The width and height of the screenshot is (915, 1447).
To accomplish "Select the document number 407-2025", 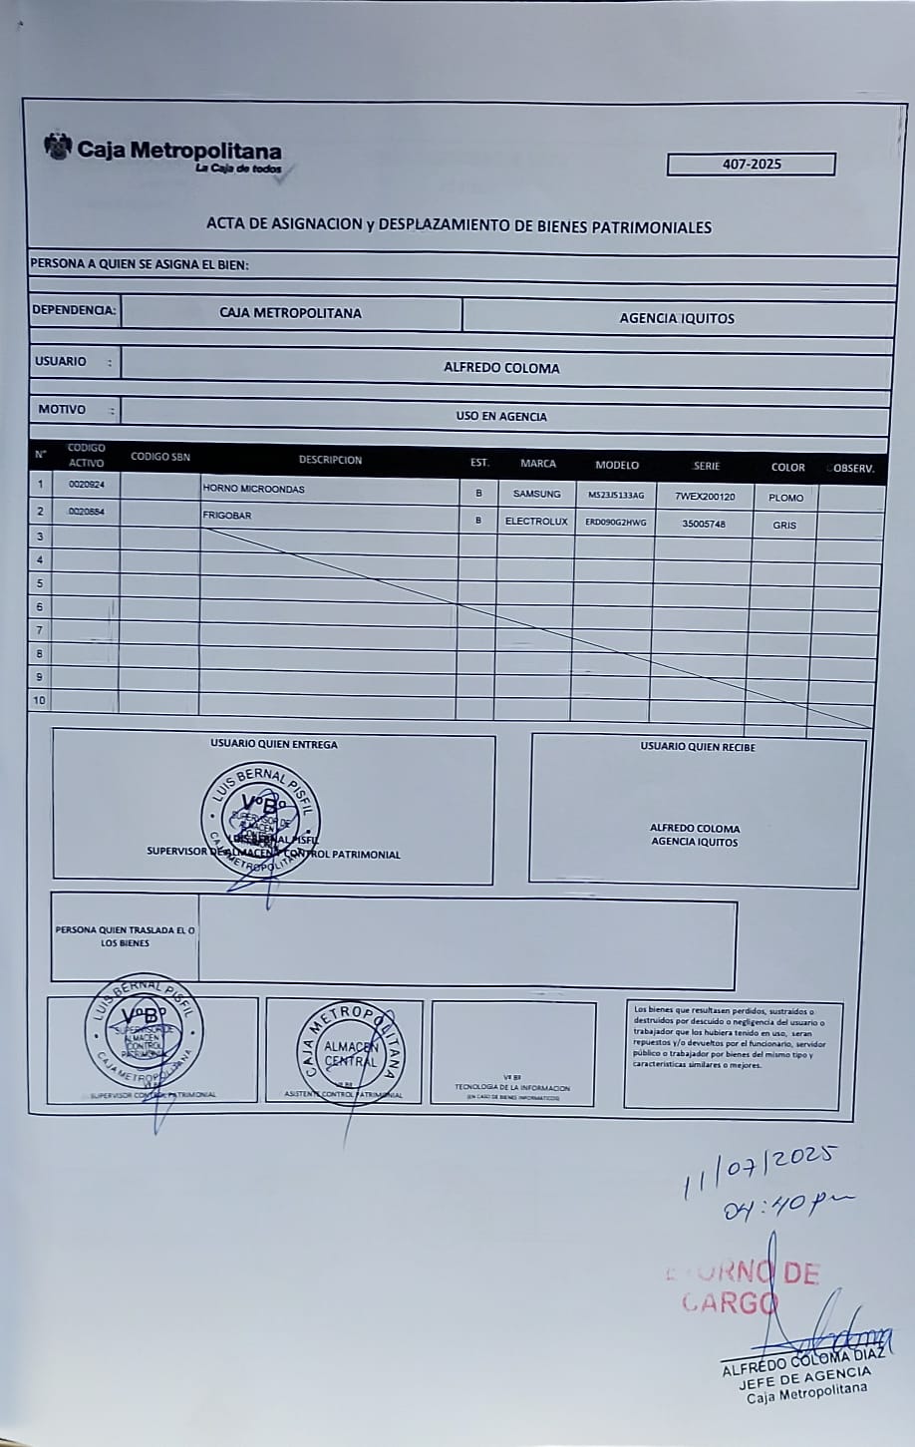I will tap(751, 165).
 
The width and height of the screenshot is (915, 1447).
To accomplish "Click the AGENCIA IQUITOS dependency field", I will tap(677, 318).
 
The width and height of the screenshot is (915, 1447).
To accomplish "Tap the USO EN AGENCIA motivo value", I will tap(501, 417).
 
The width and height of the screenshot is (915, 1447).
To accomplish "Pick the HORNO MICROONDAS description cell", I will tap(253, 490).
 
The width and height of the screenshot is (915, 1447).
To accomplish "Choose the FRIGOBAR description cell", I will tap(227, 516).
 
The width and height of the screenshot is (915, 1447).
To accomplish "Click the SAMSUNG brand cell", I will tap(536, 494).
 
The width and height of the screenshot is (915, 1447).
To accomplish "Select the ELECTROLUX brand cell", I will tap(536, 521).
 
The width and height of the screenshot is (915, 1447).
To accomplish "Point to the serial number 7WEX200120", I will tap(705, 497).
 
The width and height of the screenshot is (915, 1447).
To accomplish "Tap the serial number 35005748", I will tap(704, 524).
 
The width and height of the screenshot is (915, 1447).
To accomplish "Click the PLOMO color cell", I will tap(785, 498).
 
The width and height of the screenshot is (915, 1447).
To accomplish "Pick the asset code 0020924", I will tap(87, 485).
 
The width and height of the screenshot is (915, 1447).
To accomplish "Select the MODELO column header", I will tap(617, 465).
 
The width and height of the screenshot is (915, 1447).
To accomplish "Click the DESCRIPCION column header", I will tap(330, 460).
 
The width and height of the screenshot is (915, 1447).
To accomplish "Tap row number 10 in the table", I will tap(40, 700).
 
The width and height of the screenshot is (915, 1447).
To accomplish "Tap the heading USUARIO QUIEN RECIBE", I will tap(698, 746).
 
